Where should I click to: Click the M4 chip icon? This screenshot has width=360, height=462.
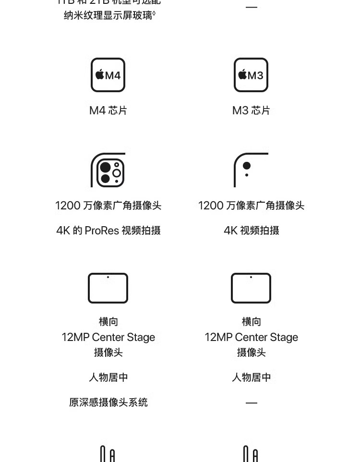108,75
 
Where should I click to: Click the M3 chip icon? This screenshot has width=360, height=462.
251,75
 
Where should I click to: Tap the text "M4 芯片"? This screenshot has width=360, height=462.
108,110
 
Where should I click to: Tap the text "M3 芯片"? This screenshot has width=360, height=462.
251,110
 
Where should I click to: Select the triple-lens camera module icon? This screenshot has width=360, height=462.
108,170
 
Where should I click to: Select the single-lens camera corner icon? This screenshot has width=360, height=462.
250,170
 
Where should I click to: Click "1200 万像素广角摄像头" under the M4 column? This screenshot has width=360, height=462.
108,206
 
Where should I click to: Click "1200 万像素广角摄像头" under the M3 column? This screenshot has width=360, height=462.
251,206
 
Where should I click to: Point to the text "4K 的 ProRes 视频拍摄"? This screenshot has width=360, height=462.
108,231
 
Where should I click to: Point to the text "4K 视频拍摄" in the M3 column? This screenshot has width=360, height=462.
251,231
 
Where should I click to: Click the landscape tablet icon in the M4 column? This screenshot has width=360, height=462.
108,288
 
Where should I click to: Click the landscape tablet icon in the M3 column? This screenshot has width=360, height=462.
251,288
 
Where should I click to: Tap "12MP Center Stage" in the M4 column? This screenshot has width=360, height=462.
108,337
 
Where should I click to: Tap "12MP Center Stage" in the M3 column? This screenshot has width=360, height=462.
251,337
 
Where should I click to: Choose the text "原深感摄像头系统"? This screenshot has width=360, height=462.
108,402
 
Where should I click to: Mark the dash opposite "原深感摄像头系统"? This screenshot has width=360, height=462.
251,403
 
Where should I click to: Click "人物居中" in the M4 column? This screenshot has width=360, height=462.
108,377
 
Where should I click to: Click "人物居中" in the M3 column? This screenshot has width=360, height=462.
251,377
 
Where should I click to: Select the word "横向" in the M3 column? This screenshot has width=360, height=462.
251,322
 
